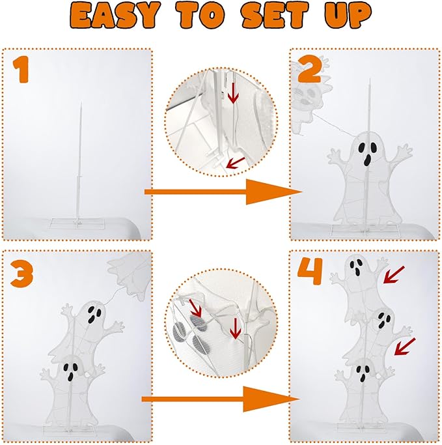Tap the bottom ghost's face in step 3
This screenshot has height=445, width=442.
pyautogui.click(x=71, y=372)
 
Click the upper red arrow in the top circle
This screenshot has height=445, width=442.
pyautogui.click(x=232, y=96)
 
